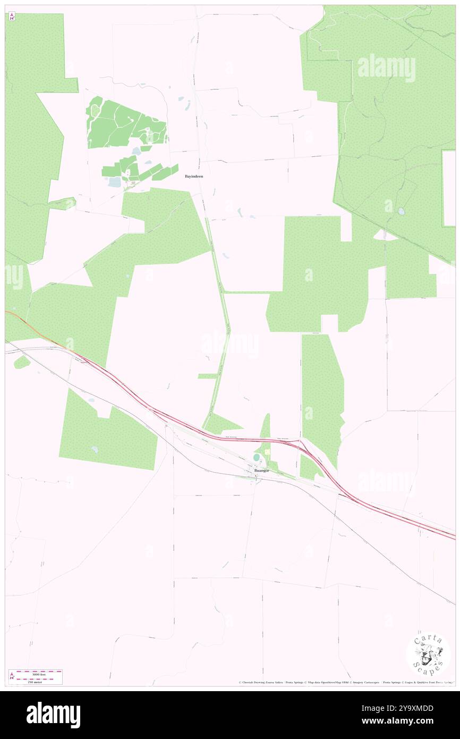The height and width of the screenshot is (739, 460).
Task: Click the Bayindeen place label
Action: pos(193,176)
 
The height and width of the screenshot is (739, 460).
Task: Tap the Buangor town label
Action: pos(261,471)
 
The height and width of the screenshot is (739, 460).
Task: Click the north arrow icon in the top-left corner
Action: pos(12,16)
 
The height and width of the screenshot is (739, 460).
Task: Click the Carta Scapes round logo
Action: pos(428,653)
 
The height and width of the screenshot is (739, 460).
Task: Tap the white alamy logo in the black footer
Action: pos(53,715)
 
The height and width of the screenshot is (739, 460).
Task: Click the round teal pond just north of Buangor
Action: pos(257,457)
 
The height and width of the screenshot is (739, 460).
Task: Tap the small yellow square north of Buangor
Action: pos(267,452)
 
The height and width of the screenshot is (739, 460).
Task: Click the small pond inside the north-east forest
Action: pos(401,211)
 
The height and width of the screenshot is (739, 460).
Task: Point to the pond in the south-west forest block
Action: pos(95,450)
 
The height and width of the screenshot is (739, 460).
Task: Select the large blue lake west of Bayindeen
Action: pos(114,182)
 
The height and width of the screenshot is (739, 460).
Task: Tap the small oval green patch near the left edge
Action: pos(22,362)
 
